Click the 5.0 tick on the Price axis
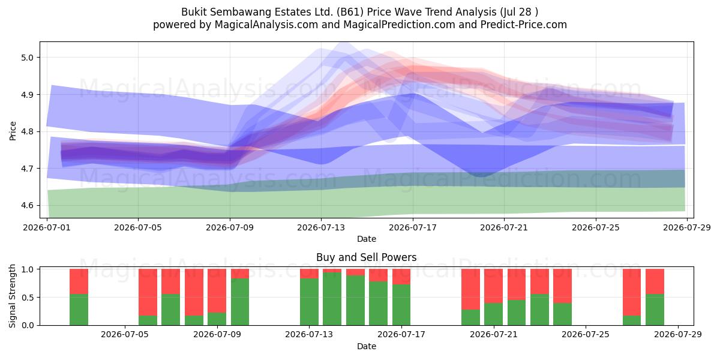point(28,58)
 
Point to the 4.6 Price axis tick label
point(28,205)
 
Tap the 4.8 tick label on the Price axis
point(28,131)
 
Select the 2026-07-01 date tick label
point(47,227)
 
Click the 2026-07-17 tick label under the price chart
point(413,227)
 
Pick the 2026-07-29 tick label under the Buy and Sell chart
point(678,334)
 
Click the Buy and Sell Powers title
point(367,257)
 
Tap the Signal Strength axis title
point(12,296)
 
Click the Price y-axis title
point(13,131)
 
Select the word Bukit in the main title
point(194,12)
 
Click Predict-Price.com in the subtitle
point(524,25)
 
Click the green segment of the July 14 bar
point(332,299)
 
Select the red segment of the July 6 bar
point(148,292)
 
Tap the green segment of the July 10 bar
point(240,301)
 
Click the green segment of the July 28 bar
point(655,310)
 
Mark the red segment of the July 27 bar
point(632,292)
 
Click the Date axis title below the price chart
point(367,239)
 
